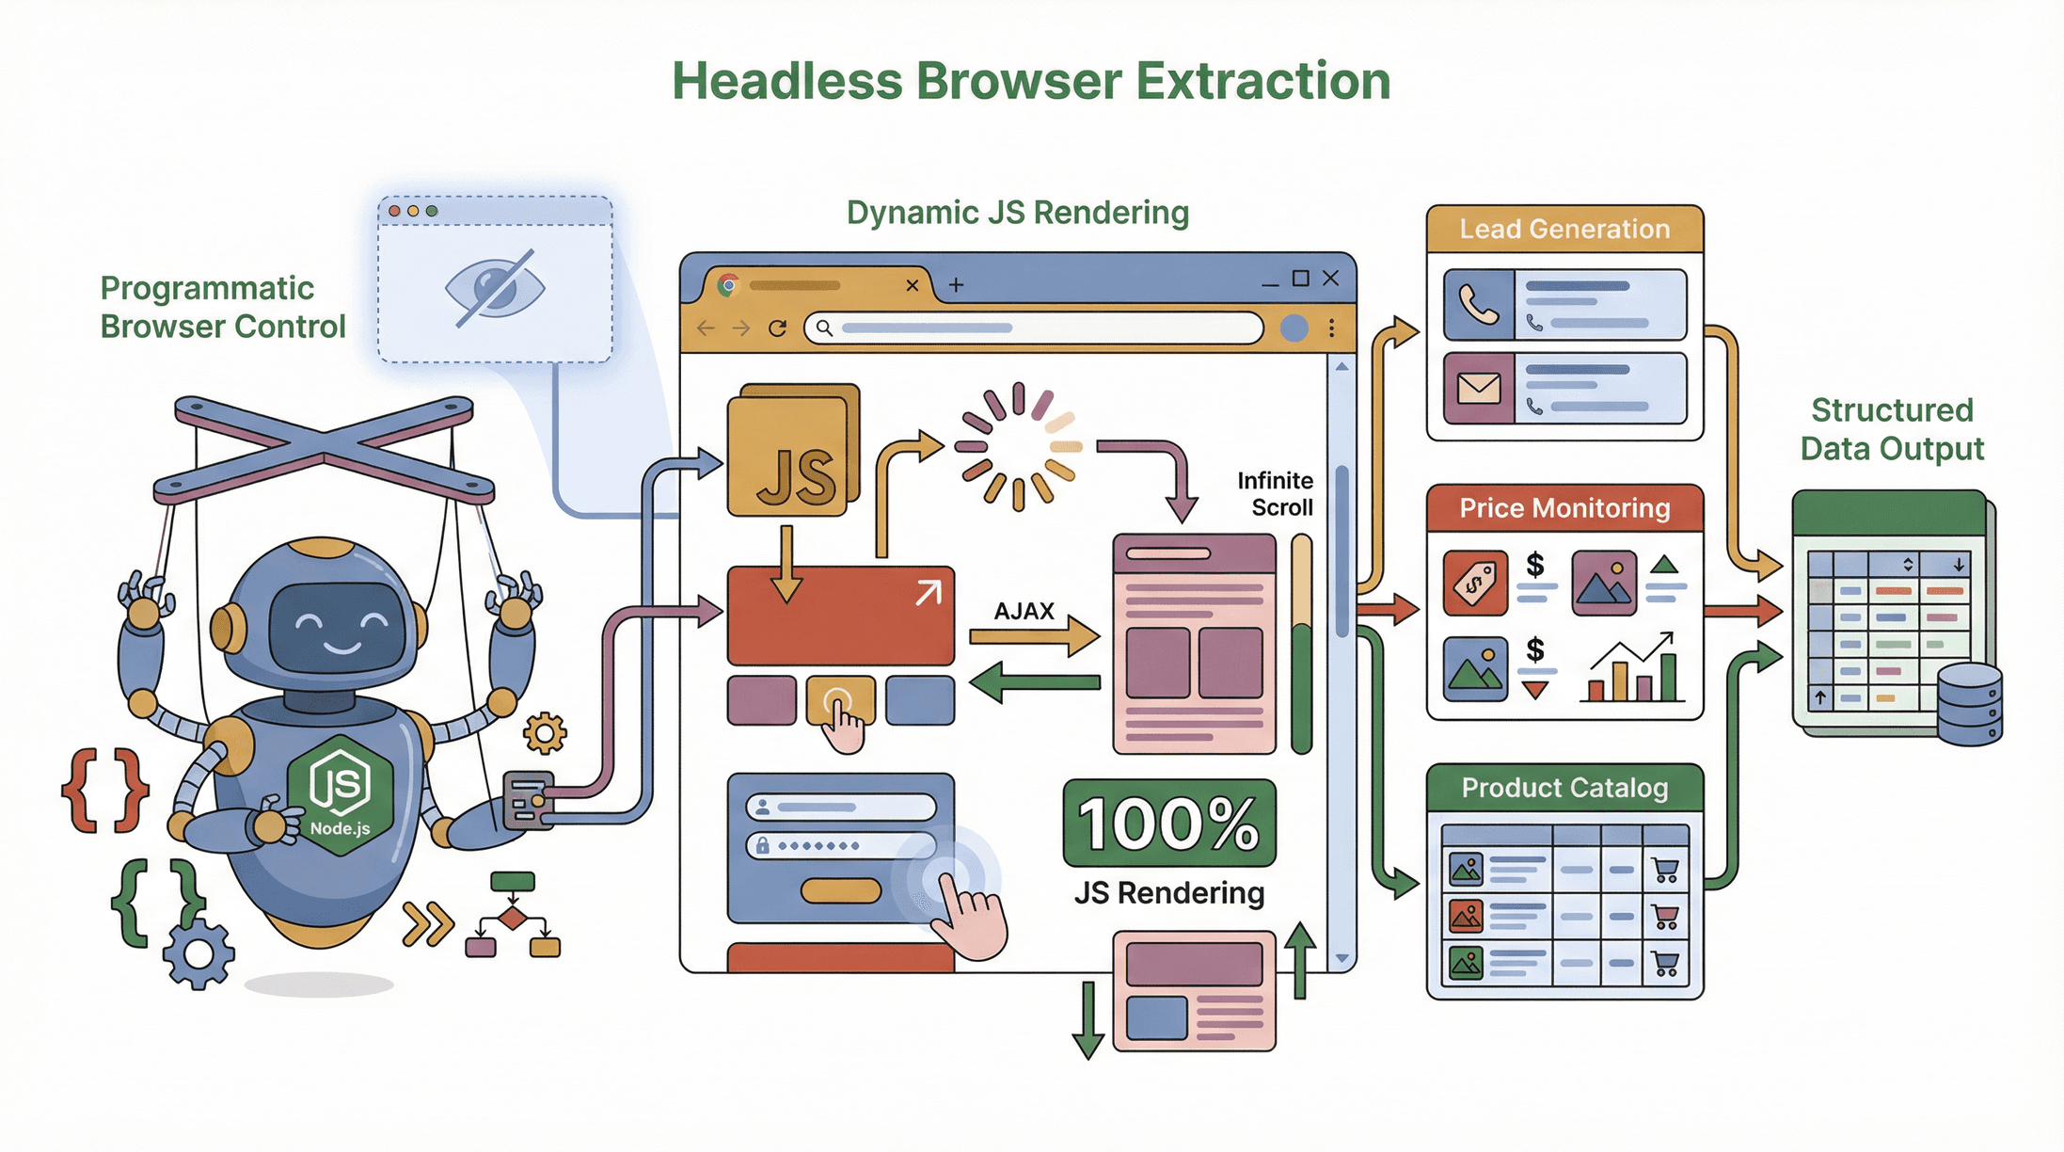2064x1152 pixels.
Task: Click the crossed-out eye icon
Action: click(x=495, y=288)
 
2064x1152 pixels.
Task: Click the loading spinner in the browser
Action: click(x=1018, y=446)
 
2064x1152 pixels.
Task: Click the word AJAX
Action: click(x=1024, y=612)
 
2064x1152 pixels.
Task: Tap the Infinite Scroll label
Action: click(x=1275, y=494)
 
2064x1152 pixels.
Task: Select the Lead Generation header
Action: click(x=1564, y=230)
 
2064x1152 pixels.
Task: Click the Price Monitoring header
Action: click(x=1564, y=509)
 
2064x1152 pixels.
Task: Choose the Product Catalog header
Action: click(x=1564, y=788)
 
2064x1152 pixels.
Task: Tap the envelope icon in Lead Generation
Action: click(x=1479, y=388)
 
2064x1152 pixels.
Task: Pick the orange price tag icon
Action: click(x=1475, y=584)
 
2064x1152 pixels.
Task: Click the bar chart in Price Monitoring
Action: click(x=1632, y=670)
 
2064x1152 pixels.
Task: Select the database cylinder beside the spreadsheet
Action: click(x=1970, y=704)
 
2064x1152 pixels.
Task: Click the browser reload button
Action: click(x=777, y=328)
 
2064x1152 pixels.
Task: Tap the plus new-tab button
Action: click(x=956, y=284)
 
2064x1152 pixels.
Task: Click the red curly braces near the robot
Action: click(x=104, y=791)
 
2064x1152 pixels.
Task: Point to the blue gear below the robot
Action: click(x=198, y=954)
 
